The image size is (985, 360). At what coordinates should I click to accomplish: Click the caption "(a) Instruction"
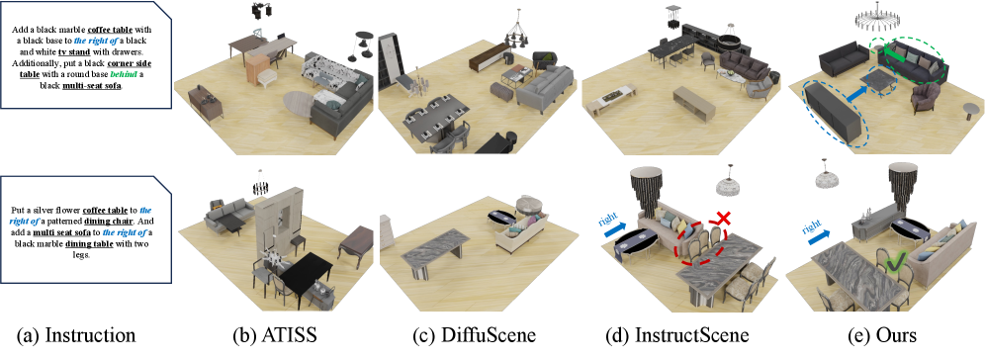(x=82, y=335)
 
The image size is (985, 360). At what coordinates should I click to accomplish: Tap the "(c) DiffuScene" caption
(x=475, y=335)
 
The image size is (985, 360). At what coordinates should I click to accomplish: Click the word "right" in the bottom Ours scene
(x=814, y=223)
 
